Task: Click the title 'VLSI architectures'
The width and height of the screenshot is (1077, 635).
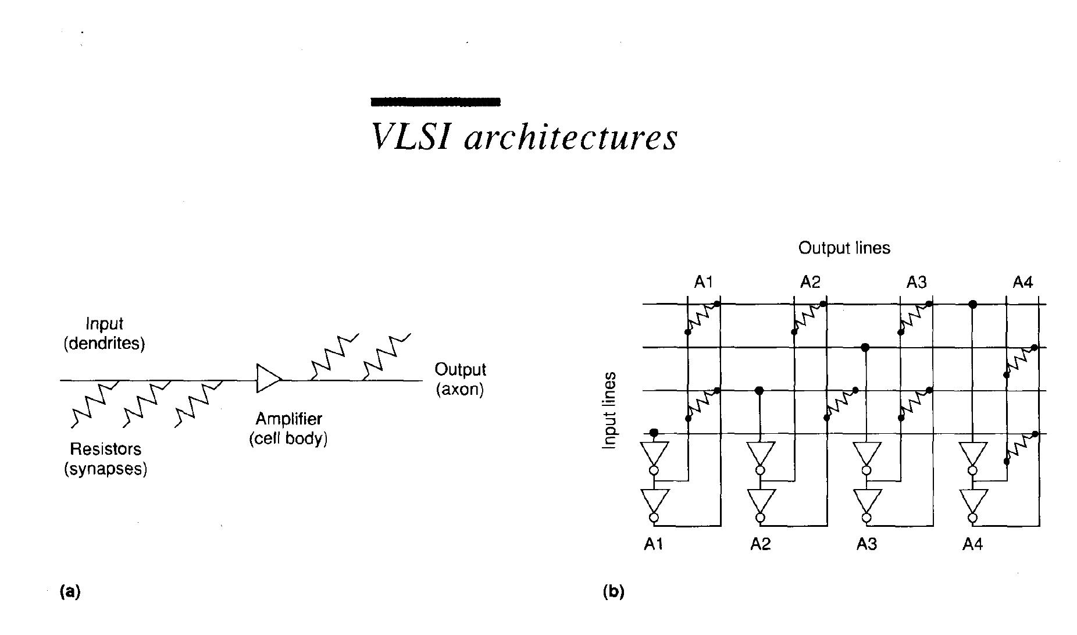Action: tap(524, 137)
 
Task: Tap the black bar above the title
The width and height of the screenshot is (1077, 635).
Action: tap(436, 102)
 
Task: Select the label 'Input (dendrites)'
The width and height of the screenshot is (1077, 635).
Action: tap(104, 333)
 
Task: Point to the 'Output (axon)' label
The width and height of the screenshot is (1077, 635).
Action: tap(460, 379)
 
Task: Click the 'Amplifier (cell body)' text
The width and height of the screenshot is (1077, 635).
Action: tap(288, 429)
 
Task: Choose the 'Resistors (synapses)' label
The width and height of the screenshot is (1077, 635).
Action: tap(105, 459)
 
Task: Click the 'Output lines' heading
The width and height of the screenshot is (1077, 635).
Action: tap(844, 248)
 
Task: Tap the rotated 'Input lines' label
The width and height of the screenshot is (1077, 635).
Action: tap(609, 411)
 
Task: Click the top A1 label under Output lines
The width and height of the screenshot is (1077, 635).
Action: tap(703, 283)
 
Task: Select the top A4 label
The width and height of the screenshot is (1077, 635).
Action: tap(1022, 283)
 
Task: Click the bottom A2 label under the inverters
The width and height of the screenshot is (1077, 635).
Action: tap(760, 544)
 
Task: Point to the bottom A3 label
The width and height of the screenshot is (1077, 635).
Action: tap(866, 544)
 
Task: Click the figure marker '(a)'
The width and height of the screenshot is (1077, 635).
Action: tap(70, 592)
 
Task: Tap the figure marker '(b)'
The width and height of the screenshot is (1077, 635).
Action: tap(614, 592)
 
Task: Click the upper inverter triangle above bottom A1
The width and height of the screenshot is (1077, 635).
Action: tap(654, 452)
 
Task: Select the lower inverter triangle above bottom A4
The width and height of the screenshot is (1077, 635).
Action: tap(973, 499)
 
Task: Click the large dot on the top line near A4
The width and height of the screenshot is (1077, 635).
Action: tap(972, 304)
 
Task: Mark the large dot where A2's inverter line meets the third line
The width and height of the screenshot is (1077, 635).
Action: tap(759, 390)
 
